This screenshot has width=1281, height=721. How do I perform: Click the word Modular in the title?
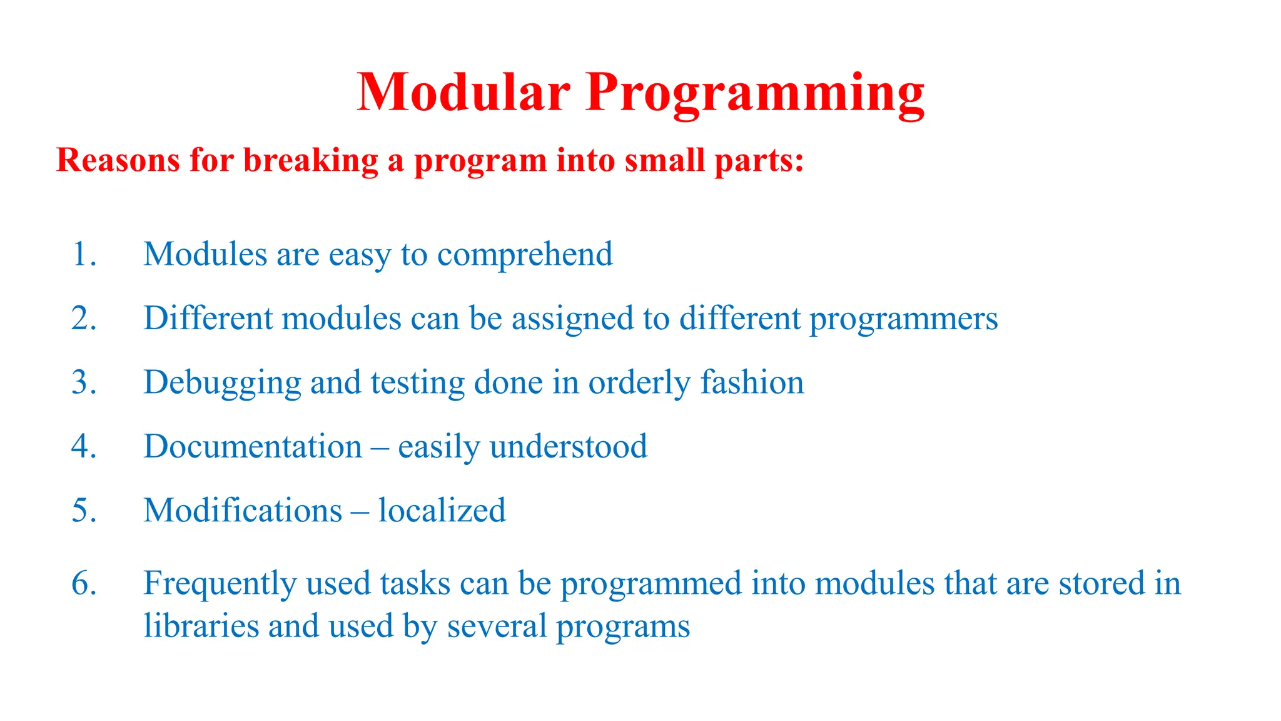tap(463, 92)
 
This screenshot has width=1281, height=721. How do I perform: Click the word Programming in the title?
tap(755, 94)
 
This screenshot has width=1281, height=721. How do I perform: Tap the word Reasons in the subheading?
tap(118, 160)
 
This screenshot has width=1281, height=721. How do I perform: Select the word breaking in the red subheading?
tap(310, 160)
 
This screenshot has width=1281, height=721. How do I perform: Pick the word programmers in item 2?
tap(903, 319)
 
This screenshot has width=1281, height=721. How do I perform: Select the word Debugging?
tap(222, 383)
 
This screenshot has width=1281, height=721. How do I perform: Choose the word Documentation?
tap(253, 447)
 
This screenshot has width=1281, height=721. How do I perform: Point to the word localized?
tap(442, 511)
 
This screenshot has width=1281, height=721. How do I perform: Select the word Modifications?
tap(243, 511)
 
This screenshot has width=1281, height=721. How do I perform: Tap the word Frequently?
tap(220, 584)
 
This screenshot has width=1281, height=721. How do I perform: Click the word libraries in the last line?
tap(201, 626)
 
